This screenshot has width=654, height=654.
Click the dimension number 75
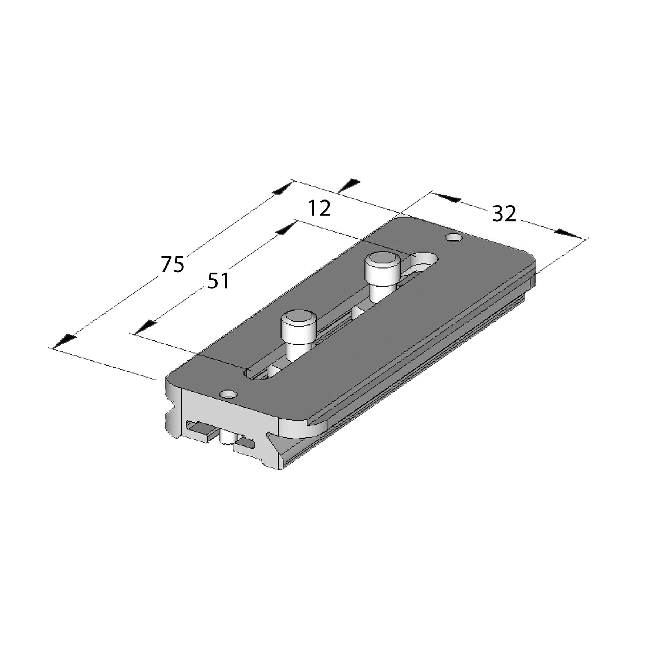pyautogui.click(x=173, y=264)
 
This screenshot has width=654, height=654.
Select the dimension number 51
pyautogui.click(x=218, y=281)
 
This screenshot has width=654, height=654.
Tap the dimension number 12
pyautogui.click(x=319, y=209)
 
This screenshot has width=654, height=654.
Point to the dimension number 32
pyautogui.click(x=504, y=214)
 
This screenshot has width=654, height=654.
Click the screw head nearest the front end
pyautogui.click(x=299, y=321)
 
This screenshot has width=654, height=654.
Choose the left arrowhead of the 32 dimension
pyautogui.click(x=447, y=198)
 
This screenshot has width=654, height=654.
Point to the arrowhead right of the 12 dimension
pyautogui.click(x=349, y=185)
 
